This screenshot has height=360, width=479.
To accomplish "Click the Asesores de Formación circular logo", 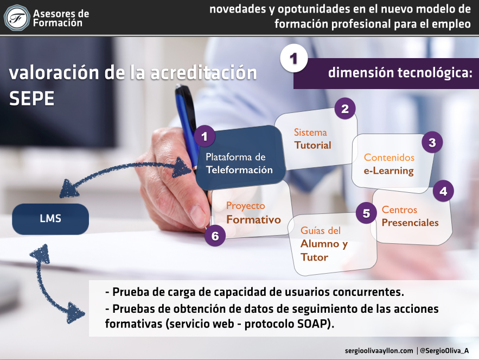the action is pyautogui.click(x=17, y=18).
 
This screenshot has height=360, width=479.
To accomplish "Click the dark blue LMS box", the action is pyautogui.click(x=50, y=219).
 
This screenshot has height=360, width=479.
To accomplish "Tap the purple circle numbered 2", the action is pyautogui.click(x=345, y=108).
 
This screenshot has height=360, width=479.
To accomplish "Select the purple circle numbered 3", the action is pyautogui.click(x=432, y=142).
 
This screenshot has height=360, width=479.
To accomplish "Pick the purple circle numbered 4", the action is pyautogui.click(x=443, y=191).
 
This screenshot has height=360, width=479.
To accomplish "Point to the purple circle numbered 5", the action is pyautogui.click(x=366, y=213).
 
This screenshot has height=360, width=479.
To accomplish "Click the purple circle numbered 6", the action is pyautogui.click(x=215, y=236).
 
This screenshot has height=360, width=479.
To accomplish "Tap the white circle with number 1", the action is pyautogui.click(x=293, y=59).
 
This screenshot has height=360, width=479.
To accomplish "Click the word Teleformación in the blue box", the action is pyautogui.click(x=239, y=170).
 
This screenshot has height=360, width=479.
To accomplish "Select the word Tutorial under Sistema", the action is pyautogui.click(x=312, y=145).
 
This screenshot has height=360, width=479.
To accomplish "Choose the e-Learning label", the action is pyautogui.click(x=388, y=170).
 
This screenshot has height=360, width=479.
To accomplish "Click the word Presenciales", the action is pyautogui.click(x=410, y=223).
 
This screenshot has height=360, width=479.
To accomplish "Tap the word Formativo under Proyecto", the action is pyautogui.click(x=253, y=219).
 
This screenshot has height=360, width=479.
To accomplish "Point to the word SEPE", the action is pyautogui.click(x=32, y=98).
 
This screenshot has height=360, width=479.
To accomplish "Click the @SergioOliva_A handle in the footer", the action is pyautogui.click(x=444, y=351).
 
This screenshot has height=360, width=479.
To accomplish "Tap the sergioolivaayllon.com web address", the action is pyautogui.click(x=379, y=351).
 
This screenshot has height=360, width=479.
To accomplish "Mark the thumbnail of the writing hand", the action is pyautogui.click(x=197, y=216).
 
